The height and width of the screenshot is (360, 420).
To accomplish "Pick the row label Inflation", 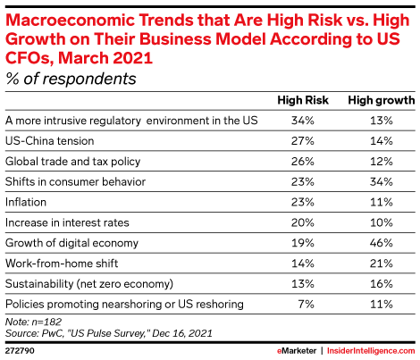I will tap(26, 202).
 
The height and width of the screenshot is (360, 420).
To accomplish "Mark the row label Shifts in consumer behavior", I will tap(64, 181).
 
